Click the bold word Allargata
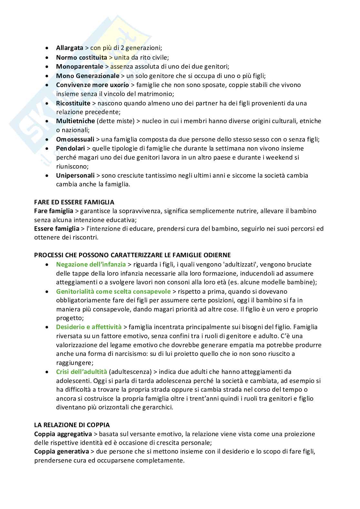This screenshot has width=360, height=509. [x=70, y=48]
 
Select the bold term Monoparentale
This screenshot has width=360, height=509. [x=80, y=67]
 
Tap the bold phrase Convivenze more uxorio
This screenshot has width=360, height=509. [x=92, y=85]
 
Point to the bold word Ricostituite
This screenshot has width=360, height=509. [x=73, y=103]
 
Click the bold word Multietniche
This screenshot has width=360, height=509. [x=75, y=121]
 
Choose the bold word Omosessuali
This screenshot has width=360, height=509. [x=75, y=140]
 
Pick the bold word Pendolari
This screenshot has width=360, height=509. [x=70, y=149]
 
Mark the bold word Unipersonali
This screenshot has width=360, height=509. [x=75, y=176]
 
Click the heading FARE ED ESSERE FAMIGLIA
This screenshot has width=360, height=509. [x=74, y=202]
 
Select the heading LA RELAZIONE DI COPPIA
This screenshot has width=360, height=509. [x=72, y=425]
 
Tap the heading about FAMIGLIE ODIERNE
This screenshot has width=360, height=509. [x=132, y=255]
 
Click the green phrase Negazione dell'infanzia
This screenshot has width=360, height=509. [x=91, y=265]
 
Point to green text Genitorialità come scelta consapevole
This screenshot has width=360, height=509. [x=113, y=292]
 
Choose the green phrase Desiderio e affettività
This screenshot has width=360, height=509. [x=89, y=327]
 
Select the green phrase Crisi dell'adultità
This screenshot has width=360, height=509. [x=82, y=372]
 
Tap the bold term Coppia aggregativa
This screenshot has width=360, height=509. [x=63, y=434]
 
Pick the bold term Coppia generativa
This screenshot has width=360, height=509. [x=62, y=452]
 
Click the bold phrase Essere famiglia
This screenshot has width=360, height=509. [x=57, y=229]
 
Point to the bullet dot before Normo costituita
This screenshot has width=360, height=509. [x=48, y=57]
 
